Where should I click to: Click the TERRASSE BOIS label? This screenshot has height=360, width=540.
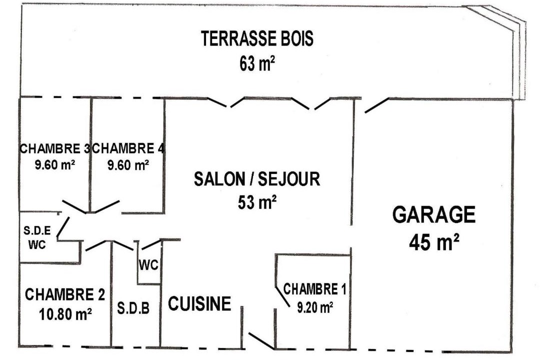point(257,38)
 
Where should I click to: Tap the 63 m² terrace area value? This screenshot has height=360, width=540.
point(257,63)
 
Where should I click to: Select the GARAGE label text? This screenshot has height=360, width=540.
point(434,214)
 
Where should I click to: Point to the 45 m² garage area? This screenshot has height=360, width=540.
point(434,242)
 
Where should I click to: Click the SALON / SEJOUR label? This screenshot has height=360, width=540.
point(257,179)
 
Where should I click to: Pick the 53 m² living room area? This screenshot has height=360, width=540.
point(257,202)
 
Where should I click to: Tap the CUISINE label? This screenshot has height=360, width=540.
point(199,303)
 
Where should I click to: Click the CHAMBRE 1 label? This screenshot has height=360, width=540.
point(314,289)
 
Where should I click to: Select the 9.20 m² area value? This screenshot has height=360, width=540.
point(314,307)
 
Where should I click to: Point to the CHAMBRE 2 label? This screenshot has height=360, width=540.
point(64,294)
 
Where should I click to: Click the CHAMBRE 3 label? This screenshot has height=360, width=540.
point(55,148)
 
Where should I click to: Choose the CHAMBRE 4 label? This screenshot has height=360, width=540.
point(128,148)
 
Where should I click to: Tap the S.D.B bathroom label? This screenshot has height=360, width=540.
point(133,308)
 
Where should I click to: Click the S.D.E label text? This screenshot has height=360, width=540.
point(37,230)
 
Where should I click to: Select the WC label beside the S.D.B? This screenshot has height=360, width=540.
point(148,265)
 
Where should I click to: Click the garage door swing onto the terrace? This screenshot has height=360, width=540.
point(377,105)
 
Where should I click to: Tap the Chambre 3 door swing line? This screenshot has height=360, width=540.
point(74,206)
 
